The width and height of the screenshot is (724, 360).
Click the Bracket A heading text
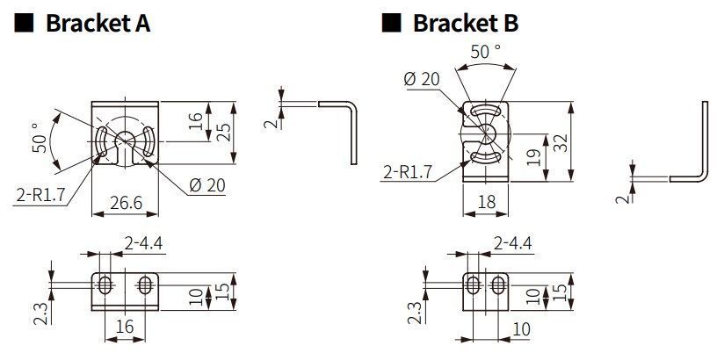click(98, 23)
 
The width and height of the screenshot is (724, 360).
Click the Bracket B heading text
click(466, 23)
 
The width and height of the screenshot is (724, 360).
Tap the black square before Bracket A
click(24, 23)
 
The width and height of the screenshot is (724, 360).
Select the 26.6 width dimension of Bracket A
click(126, 203)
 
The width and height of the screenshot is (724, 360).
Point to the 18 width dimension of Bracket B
click(486, 202)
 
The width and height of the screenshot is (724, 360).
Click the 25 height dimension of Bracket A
click(224, 132)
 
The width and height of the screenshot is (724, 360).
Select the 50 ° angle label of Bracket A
click(40, 137)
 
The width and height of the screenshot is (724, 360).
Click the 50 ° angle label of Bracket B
click(485, 52)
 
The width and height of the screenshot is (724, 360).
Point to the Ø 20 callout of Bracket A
click(207, 185)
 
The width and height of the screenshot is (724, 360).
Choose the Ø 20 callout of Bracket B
click(422, 79)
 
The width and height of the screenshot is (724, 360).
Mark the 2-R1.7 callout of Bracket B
click(408, 173)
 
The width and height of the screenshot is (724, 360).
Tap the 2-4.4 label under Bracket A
click(143, 243)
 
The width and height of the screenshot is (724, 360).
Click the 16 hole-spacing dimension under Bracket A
click(125, 327)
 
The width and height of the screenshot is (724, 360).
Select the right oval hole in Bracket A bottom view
click(145, 285)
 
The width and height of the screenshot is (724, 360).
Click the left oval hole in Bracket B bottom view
click(473, 284)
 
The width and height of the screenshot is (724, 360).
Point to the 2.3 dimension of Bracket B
click(414, 313)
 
